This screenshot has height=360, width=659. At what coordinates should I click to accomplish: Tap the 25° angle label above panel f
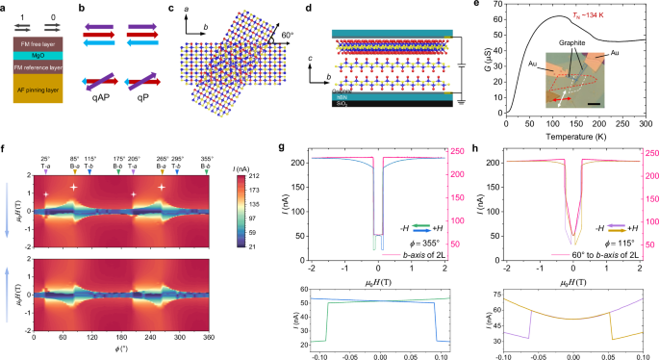point(45,159)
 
